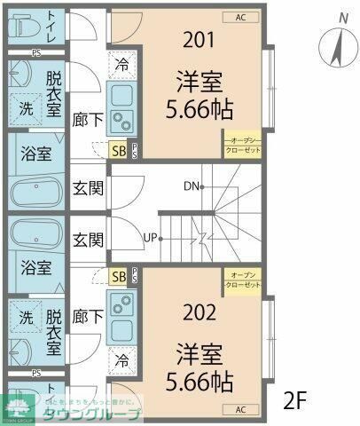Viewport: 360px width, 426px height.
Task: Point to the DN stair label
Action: tap(192, 186)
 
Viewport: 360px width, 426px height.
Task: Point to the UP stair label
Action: tap(152, 237)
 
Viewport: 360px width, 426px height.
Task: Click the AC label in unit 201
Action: tap(241, 17)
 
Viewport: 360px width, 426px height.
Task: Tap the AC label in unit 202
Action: tap(240, 409)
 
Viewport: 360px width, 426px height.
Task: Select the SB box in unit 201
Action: tap(118, 150)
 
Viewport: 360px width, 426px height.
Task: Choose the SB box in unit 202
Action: tap(118, 277)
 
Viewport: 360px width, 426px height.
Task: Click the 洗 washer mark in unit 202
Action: tap(26, 317)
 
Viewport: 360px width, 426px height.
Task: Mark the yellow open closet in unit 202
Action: tap(242, 279)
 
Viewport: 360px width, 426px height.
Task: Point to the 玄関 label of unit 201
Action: tap(88, 187)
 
